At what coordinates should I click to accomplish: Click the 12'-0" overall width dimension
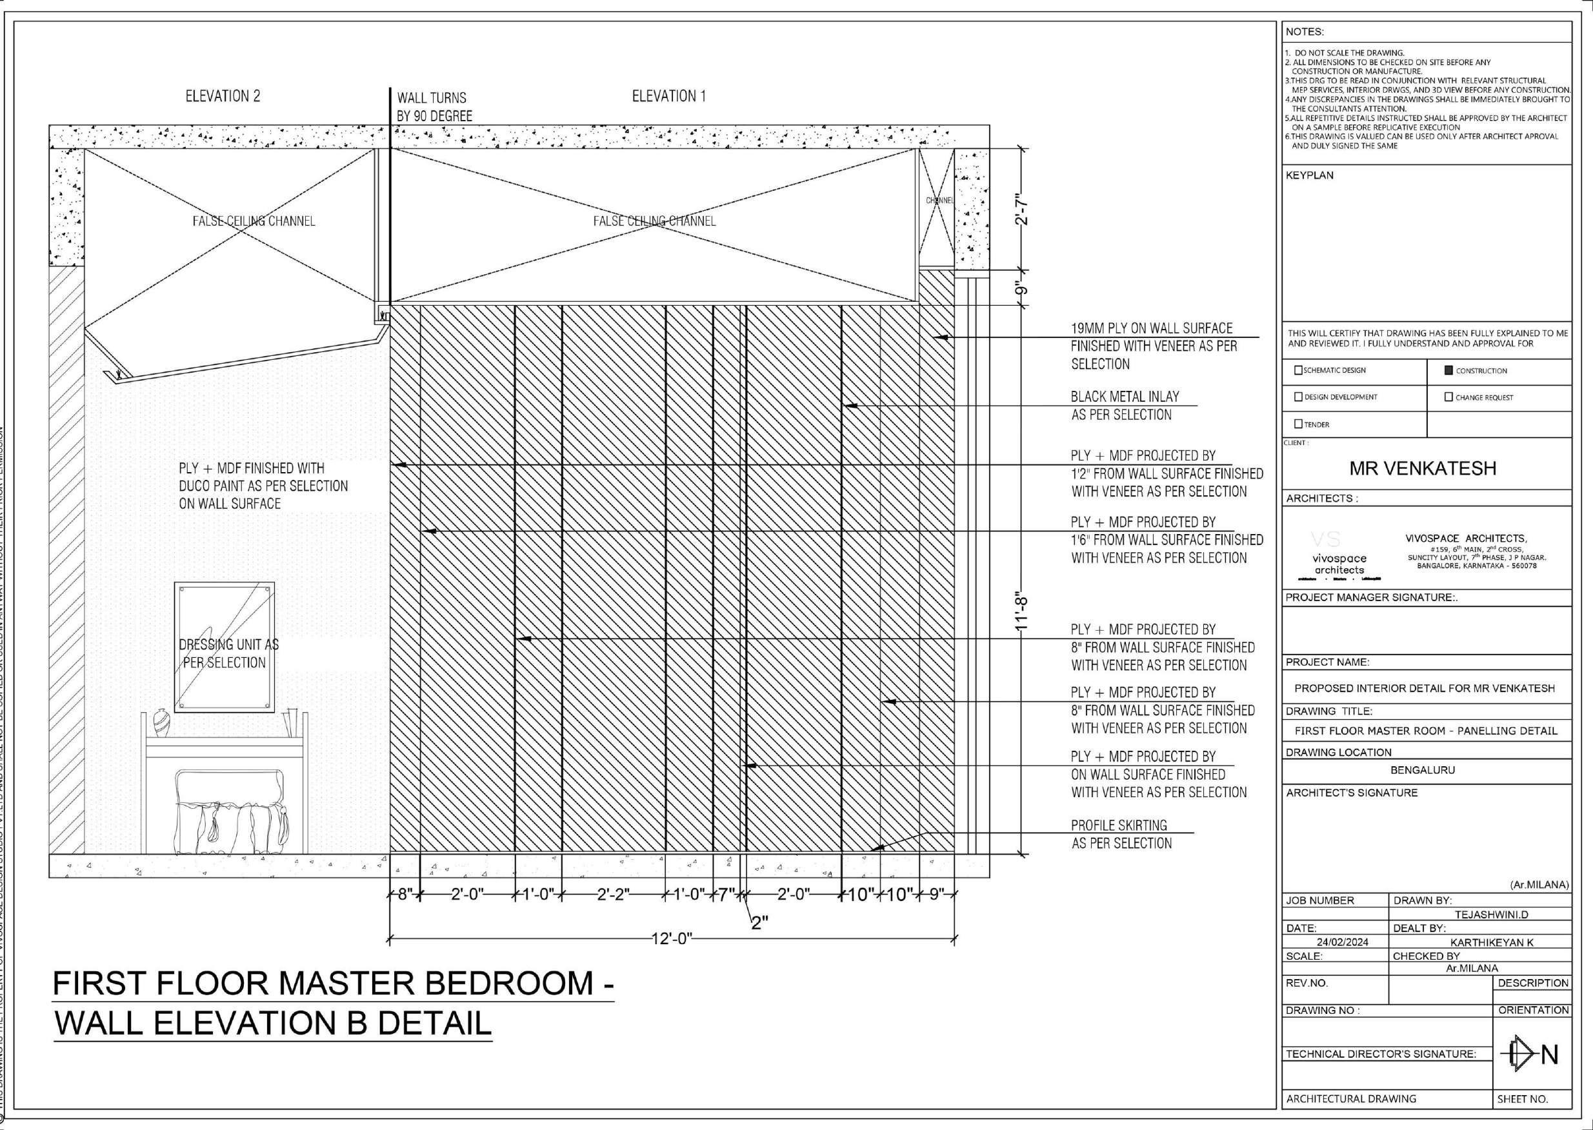671,938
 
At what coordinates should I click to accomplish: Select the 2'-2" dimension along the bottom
613,894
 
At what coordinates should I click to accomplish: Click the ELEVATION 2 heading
223,96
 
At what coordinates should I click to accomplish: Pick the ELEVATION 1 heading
668,96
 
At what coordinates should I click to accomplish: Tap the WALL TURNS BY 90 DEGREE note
434,106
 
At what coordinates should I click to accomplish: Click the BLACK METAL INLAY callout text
1124,406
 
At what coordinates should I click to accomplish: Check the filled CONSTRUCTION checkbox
1450,370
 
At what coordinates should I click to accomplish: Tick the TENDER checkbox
1298,424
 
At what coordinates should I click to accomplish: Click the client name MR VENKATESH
1423,468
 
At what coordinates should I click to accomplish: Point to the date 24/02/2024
1342,942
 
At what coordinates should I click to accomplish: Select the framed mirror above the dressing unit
224,647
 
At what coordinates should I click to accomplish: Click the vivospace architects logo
1339,557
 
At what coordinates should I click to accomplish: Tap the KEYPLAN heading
1309,175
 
